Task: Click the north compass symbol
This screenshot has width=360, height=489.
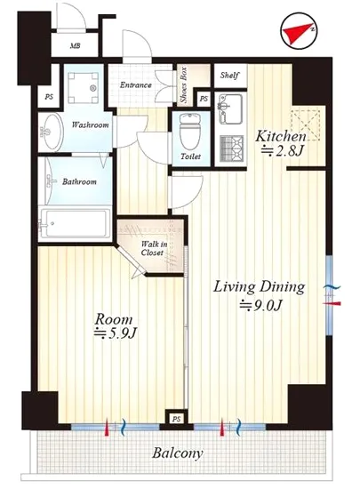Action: tap(299, 30)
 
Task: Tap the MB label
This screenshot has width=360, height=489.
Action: tap(76, 46)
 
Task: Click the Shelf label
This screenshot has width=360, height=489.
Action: tap(229, 76)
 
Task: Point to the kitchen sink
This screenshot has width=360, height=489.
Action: tap(230, 108)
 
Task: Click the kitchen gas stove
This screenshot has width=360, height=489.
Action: tap(232, 149)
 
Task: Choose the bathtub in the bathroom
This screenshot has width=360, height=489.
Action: tap(75, 223)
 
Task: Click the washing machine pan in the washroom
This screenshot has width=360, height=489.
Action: tap(84, 88)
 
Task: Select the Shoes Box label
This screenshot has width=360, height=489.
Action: tap(184, 84)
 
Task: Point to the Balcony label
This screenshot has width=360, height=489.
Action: tap(178, 453)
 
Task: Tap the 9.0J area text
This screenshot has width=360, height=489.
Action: tap(260, 306)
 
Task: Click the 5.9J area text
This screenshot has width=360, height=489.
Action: tap(116, 333)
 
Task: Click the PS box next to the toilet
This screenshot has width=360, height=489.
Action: tap(204, 99)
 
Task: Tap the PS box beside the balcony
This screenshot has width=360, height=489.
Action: tap(176, 419)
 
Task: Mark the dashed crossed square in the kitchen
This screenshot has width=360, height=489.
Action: tap(305, 124)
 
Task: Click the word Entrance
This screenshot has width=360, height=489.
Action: tap(136, 84)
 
